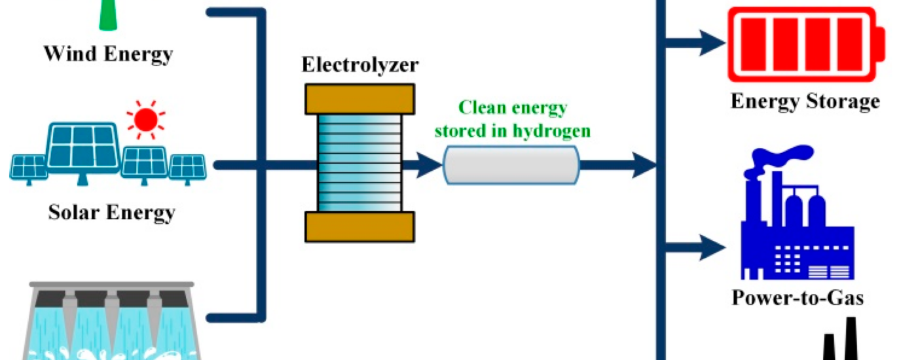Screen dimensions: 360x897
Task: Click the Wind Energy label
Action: pyautogui.click(x=108, y=54)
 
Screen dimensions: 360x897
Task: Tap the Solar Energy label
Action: pyautogui.click(x=112, y=212)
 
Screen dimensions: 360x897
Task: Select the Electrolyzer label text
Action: pyautogui.click(x=359, y=65)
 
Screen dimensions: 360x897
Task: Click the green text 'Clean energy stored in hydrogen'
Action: pyautogui.click(x=513, y=119)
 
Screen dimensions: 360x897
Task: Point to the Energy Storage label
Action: pyautogui.click(x=805, y=101)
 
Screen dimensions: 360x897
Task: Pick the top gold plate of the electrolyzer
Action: pyautogui.click(x=359, y=98)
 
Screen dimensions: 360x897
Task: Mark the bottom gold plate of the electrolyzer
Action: pyautogui.click(x=359, y=226)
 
